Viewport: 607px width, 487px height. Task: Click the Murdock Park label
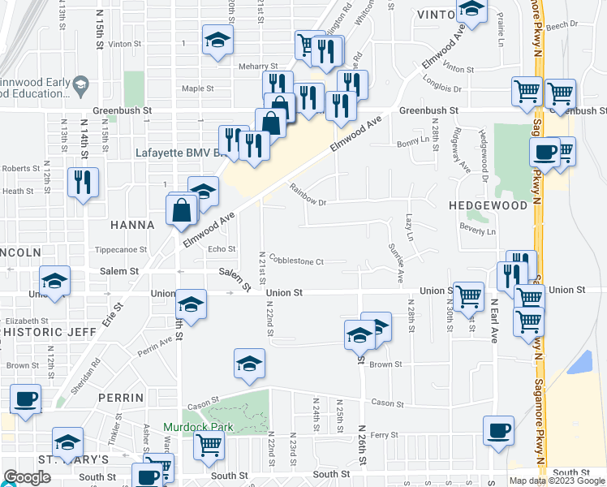pos(198,427)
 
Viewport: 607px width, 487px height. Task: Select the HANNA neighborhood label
pos(134,225)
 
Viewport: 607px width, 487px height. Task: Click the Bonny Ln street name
pos(413,141)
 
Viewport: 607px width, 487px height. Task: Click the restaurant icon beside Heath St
pos(84,182)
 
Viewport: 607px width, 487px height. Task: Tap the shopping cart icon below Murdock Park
pos(209,445)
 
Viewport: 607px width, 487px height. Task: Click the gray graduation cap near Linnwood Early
pos(80,84)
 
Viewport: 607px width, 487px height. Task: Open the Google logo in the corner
pos(28,477)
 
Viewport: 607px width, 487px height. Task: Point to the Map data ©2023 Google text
pos(557,481)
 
